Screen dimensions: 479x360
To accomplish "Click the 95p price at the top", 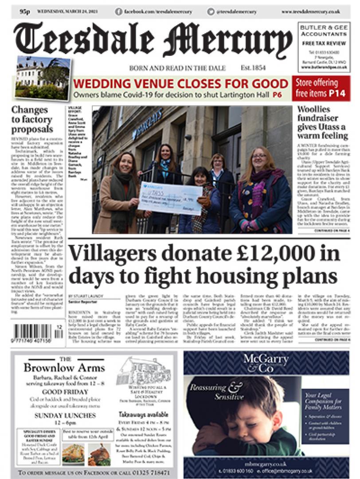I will pos(24,12).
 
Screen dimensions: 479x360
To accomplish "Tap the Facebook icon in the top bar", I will pos(118,12).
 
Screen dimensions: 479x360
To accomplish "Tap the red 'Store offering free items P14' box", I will pos(321,88).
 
